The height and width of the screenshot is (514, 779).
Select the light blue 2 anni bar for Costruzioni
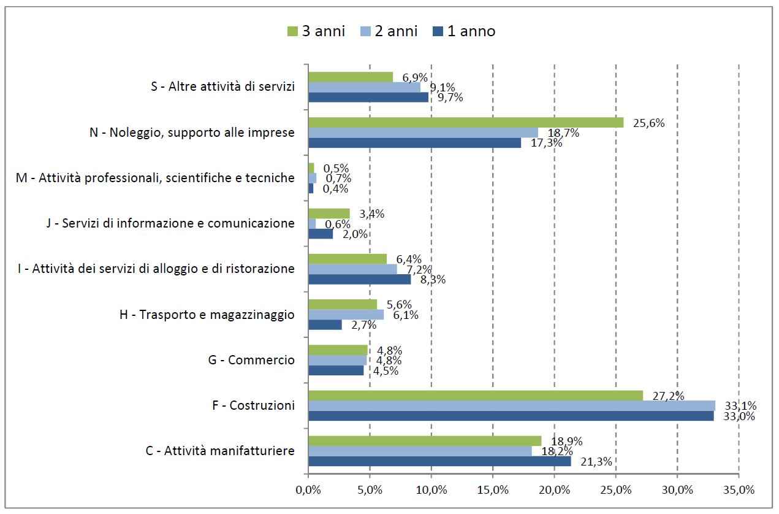(511, 405)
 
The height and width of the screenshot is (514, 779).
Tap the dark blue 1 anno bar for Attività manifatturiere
(439, 461)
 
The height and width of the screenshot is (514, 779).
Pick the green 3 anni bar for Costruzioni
(476, 395)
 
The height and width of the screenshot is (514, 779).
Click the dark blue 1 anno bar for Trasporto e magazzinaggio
(325, 325)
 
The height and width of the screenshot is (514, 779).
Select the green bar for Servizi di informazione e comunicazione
(329, 213)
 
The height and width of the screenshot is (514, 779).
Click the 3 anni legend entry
(316, 31)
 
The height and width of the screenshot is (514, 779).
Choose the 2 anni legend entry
(389, 31)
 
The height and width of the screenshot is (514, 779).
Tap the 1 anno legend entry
(464, 31)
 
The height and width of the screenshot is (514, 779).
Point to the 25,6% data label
(648, 123)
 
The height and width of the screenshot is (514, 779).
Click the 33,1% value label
(740, 405)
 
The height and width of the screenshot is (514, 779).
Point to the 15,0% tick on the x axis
(493, 490)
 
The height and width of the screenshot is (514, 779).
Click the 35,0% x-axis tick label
(739, 490)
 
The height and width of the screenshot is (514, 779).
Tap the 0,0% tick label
(308, 490)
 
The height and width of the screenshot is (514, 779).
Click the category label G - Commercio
(251, 360)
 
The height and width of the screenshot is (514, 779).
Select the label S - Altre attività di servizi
(223, 86)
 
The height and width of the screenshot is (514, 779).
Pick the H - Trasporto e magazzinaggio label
(207, 315)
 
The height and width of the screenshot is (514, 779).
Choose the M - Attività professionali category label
(155, 178)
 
